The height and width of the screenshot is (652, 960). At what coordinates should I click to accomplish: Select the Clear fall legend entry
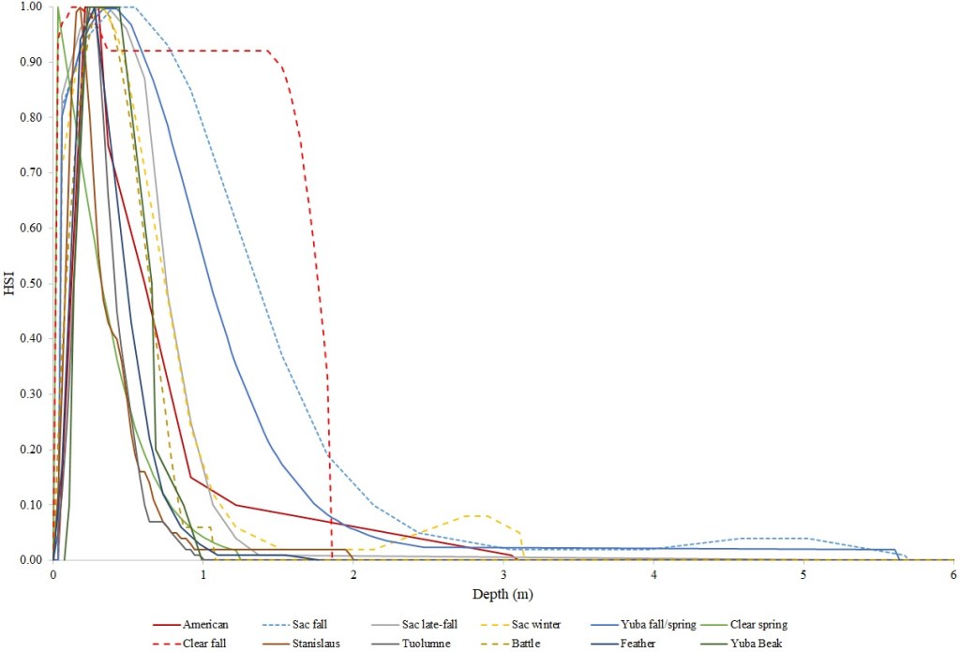(207, 643)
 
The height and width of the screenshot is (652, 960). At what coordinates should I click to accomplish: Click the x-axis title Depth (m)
(502, 594)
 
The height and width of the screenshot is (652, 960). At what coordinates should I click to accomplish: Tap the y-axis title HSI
(9, 283)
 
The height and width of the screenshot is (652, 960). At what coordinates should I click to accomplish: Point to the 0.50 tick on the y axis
(30, 283)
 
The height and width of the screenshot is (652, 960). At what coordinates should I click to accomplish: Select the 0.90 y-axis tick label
(30, 62)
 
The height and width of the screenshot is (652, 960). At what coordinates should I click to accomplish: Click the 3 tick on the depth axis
(503, 574)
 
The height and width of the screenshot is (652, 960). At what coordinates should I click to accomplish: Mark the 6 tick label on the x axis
(952, 574)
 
